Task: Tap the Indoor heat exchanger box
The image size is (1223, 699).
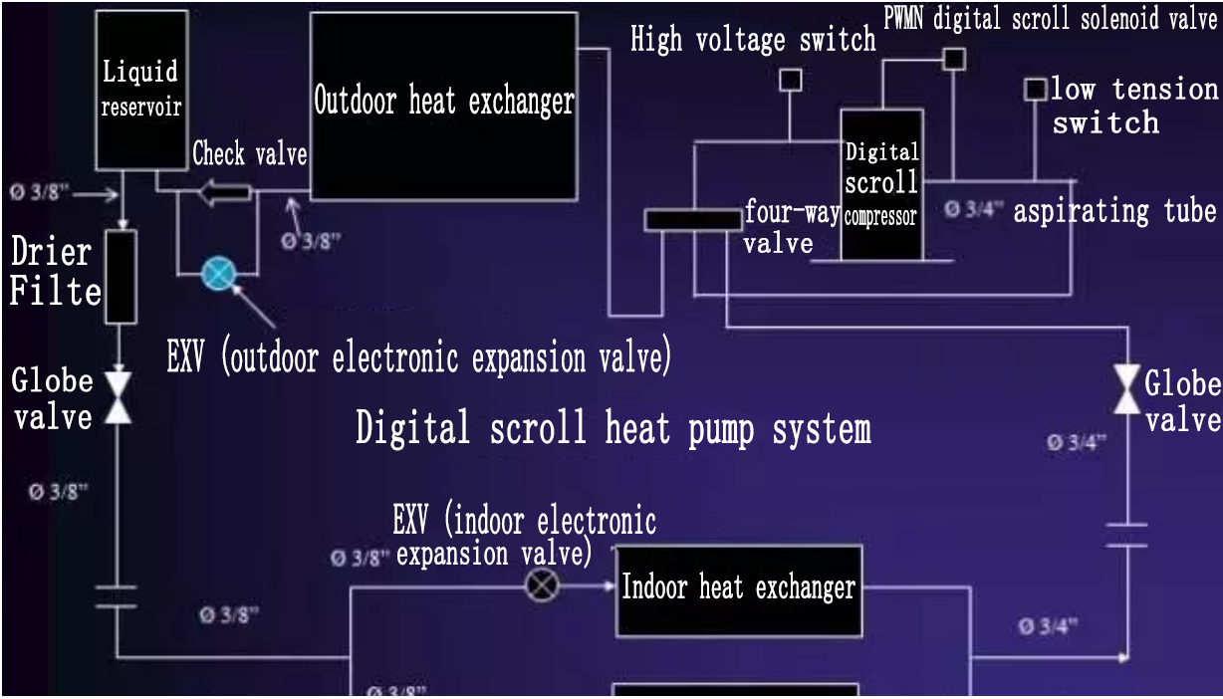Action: (x=738, y=589)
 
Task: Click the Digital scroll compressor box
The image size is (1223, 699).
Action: (x=881, y=184)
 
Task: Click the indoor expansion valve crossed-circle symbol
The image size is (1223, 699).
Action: (x=542, y=584)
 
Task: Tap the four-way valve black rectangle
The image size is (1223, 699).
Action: (x=692, y=220)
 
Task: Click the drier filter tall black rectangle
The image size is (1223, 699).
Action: (x=119, y=277)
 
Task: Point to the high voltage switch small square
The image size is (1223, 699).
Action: (x=790, y=81)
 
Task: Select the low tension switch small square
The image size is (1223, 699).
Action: (x=1036, y=90)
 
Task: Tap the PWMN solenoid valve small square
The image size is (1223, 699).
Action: (x=953, y=59)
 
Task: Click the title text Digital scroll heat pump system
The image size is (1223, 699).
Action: (x=613, y=429)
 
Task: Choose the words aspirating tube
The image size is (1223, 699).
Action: (x=1114, y=211)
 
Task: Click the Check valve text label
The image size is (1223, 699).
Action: (x=249, y=154)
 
